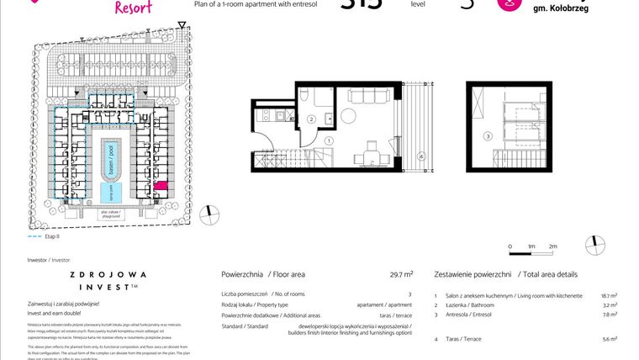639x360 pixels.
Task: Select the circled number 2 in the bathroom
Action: (x=310, y=120)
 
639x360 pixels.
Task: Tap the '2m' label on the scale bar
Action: (x=552, y=246)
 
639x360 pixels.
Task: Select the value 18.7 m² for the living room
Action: (x=609, y=296)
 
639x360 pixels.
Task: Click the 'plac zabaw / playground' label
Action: (x=108, y=214)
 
